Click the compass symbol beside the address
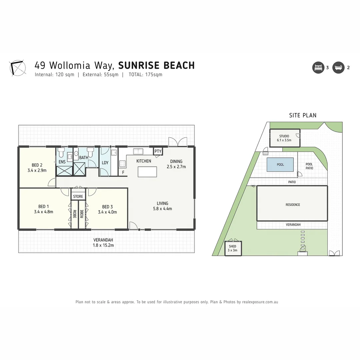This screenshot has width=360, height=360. pos(18,68)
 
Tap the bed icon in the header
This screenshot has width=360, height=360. pos(318,68)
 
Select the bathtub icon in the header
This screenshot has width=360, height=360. pos(338,68)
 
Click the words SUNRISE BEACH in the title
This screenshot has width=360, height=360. pos(156,65)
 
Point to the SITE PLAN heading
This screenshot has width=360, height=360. pos(303,115)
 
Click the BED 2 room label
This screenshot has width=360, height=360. pos(37,165)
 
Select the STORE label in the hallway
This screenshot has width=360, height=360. pos(78,196)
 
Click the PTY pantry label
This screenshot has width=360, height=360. pos(158,151)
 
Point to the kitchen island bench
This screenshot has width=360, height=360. pos(147,172)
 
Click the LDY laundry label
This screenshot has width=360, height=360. pos(105,163)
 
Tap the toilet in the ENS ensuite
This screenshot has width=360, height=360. pos(60,153)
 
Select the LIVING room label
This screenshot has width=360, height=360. pos(163,203)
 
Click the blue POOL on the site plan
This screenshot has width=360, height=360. pos(280,165)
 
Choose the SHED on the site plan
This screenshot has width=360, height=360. pos(233,248)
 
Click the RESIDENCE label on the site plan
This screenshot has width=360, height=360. pos(293,205)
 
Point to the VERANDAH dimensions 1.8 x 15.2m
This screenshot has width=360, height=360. pos(103,245)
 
